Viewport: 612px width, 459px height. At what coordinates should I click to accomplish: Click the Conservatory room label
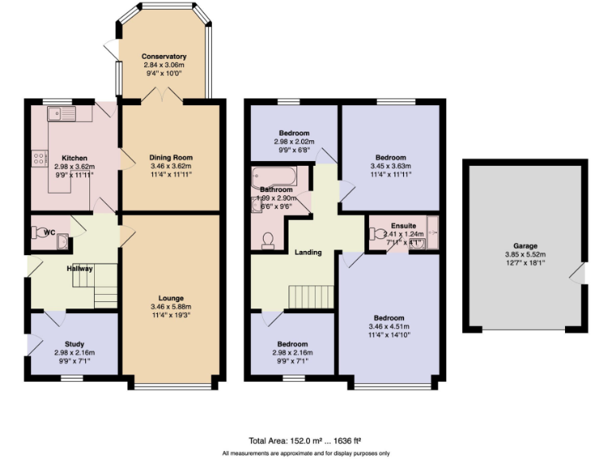[x=163, y=57]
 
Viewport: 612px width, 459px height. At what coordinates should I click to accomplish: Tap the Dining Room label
[x=171, y=158]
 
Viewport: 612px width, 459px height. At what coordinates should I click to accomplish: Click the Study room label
[x=74, y=344]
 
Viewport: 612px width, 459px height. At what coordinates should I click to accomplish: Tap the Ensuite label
[x=403, y=226]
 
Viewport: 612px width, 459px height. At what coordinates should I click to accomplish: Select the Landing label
[x=308, y=253]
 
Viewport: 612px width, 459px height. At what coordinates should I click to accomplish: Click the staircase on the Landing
[x=311, y=296]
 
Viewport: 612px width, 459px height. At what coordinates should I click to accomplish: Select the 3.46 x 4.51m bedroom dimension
[x=390, y=326]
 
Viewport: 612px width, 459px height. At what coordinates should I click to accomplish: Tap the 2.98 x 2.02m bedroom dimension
[x=294, y=142]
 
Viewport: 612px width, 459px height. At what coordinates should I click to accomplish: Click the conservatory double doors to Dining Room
[x=163, y=96]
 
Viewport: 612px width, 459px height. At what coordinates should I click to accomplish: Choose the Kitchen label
[x=74, y=158]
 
